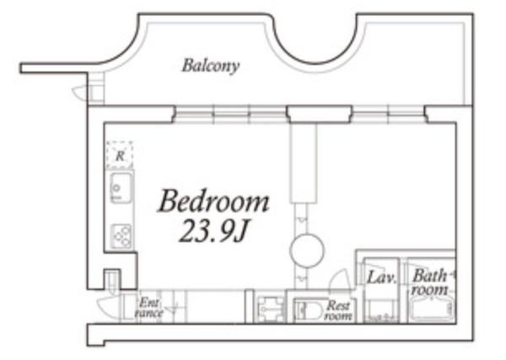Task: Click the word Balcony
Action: (x=210, y=66)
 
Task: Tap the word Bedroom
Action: (x=213, y=201)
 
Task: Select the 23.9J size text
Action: (x=213, y=231)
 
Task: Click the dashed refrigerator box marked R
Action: (x=120, y=155)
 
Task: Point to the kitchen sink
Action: (x=121, y=188)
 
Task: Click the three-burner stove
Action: (x=121, y=236)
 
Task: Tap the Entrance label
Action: (x=149, y=308)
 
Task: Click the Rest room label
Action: (x=338, y=310)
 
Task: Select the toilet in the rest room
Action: (x=308, y=310)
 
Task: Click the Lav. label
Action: (x=382, y=277)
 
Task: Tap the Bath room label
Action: (x=430, y=282)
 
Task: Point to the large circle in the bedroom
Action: (x=307, y=250)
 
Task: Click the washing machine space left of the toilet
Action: (x=270, y=309)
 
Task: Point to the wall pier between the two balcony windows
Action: (x=319, y=115)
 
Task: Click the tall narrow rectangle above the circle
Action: (x=304, y=164)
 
